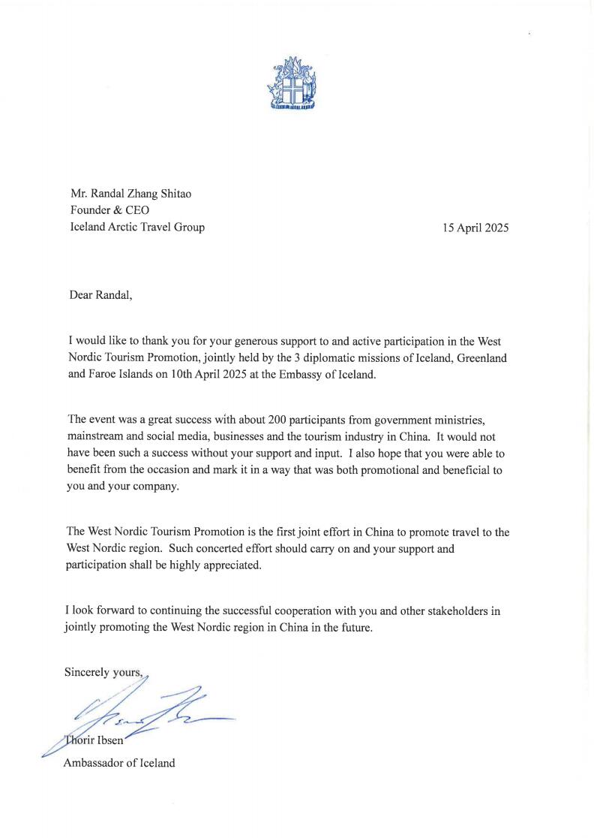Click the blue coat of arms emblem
(293, 83)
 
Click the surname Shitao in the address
(173, 194)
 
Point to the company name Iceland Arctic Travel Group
(136, 227)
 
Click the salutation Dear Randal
(100, 294)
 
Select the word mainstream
(94, 436)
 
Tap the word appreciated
(227, 565)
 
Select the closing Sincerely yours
(103, 672)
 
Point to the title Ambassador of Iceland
(120, 763)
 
